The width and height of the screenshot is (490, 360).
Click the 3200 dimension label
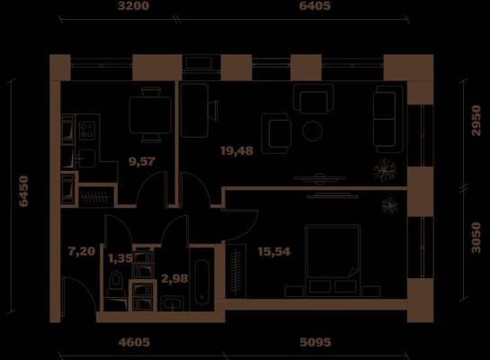(133, 6)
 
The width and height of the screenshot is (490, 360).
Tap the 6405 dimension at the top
(315, 6)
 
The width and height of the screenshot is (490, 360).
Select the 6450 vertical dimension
(23, 191)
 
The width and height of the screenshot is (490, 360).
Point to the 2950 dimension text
(477, 121)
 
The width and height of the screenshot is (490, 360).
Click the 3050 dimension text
(477, 238)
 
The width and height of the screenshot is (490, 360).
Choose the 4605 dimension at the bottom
(134, 342)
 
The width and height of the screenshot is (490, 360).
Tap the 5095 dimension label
(316, 342)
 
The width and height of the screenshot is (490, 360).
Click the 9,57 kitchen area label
(142, 161)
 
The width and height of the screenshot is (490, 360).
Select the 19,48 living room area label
(236, 151)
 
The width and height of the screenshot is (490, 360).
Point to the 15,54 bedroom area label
(274, 251)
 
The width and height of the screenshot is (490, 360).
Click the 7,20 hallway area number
(82, 251)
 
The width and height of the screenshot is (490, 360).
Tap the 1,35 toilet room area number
(120, 258)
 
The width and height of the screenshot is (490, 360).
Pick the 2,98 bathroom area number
(174, 278)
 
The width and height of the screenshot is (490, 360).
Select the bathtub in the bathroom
(202, 282)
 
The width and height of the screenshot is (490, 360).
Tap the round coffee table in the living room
(312, 130)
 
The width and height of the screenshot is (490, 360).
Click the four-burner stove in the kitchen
(87, 130)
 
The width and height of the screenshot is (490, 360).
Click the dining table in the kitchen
(151, 115)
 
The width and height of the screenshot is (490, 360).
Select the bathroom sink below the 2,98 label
(173, 303)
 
